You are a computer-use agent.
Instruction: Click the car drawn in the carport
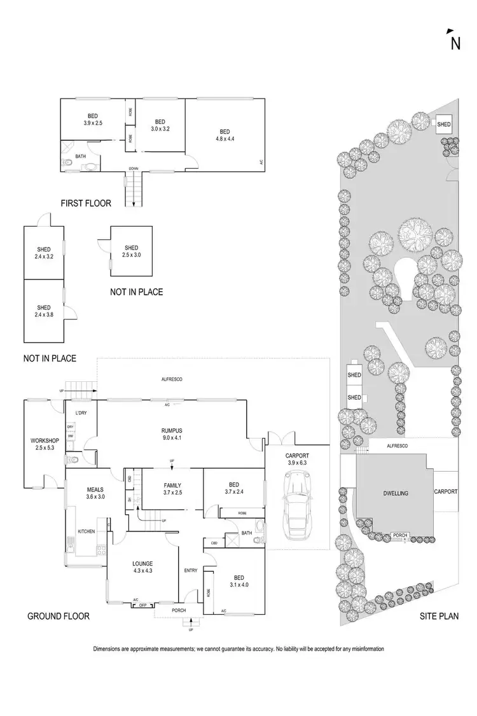tap(297, 507)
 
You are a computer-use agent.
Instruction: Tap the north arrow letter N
tap(455, 43)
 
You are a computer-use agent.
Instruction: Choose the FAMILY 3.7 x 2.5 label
tap(172, 488)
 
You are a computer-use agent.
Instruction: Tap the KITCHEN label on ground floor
tap(86, 531)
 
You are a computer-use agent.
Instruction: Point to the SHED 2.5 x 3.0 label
tap(131, 251)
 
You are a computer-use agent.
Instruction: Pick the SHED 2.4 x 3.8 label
tap(43, 311)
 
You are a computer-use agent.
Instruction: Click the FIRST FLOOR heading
tap(86, 204)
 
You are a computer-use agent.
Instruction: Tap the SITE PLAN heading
tap(439, 616)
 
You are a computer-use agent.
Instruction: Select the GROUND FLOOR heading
tap(58, 616)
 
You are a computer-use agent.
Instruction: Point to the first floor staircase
tap(132, 190)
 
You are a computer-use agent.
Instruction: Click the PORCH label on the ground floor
tap(179, 609)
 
